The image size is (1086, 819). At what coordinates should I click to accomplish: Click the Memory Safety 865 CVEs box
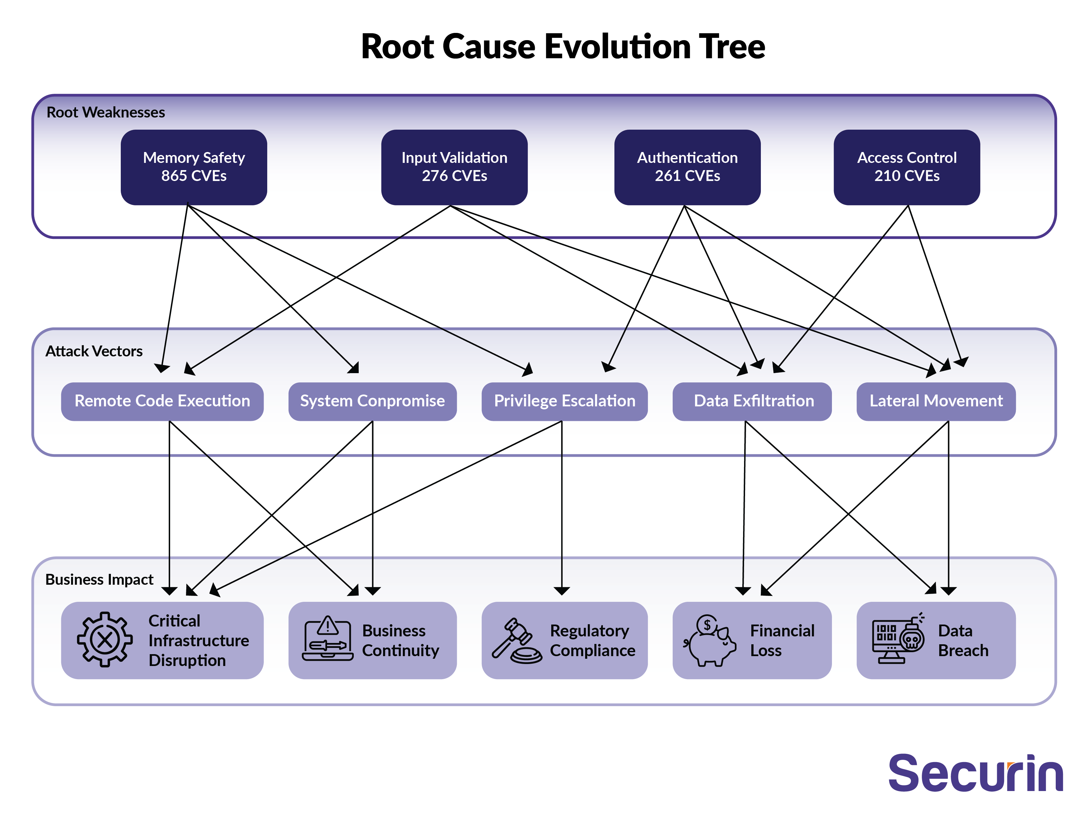194,167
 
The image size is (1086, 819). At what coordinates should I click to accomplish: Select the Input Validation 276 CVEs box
454,167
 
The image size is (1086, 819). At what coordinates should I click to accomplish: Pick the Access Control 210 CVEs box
906,167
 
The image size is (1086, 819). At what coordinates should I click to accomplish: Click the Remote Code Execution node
162,401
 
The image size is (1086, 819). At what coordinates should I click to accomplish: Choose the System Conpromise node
372,401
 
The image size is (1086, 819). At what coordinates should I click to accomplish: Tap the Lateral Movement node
936,401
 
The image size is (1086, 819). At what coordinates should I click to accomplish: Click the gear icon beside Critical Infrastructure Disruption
105,639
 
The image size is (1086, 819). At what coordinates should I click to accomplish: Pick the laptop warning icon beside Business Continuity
327,639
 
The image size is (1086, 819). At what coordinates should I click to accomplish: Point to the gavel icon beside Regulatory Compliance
516,641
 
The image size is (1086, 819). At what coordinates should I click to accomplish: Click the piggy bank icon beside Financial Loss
710,640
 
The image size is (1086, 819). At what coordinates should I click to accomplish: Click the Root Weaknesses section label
106,113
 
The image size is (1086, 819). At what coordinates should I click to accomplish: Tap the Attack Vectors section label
94,351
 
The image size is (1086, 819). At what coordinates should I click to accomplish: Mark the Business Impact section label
99,579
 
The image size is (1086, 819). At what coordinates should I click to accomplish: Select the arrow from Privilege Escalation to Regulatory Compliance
562,506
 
